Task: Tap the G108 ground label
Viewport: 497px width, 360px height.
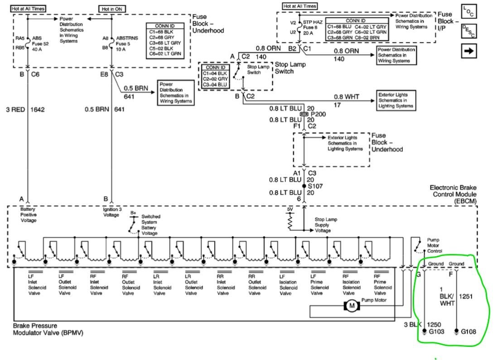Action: coord(469,331)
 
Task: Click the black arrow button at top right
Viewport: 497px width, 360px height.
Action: coord(469,51)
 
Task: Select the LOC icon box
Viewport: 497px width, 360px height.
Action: coord(469,12)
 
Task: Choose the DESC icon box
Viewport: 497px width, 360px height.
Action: coord(469,31)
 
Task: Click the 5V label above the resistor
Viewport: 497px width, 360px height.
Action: coord(290,210)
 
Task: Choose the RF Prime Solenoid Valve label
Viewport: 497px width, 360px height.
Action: coord(382,284)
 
